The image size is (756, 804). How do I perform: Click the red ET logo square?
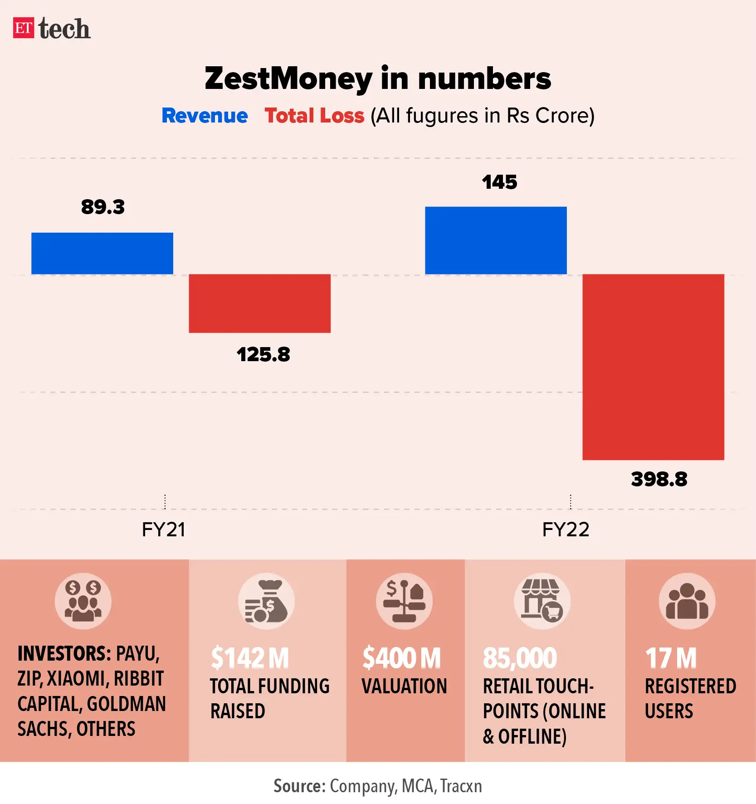coord(24,28)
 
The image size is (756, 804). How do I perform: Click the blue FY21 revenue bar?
coord(102,253)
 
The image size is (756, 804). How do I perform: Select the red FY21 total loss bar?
coord(259,303)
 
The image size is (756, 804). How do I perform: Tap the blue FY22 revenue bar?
coord(496,240)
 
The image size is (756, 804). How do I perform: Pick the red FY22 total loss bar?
coord(653,367)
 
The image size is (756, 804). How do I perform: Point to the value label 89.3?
coord(103,207)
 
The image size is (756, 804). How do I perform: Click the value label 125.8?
coord(263,354)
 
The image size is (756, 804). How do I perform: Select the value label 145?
coord(499,182)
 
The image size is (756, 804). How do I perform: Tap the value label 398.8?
coord(659,479)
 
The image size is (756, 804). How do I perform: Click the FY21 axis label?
coord(164,529)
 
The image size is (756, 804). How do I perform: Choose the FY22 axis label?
coord(566,529)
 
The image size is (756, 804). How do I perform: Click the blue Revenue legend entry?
coord(205,116)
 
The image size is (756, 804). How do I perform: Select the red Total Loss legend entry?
coord(314,116)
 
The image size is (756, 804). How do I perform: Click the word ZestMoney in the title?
coord(288,78)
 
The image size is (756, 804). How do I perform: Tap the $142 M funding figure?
coord(250,658)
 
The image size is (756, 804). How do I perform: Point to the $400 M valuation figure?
coord(401,658)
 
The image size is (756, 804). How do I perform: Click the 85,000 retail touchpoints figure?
coord(520,658)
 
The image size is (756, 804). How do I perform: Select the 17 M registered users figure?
coord(671,658)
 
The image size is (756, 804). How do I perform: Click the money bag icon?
coord(266,601)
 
